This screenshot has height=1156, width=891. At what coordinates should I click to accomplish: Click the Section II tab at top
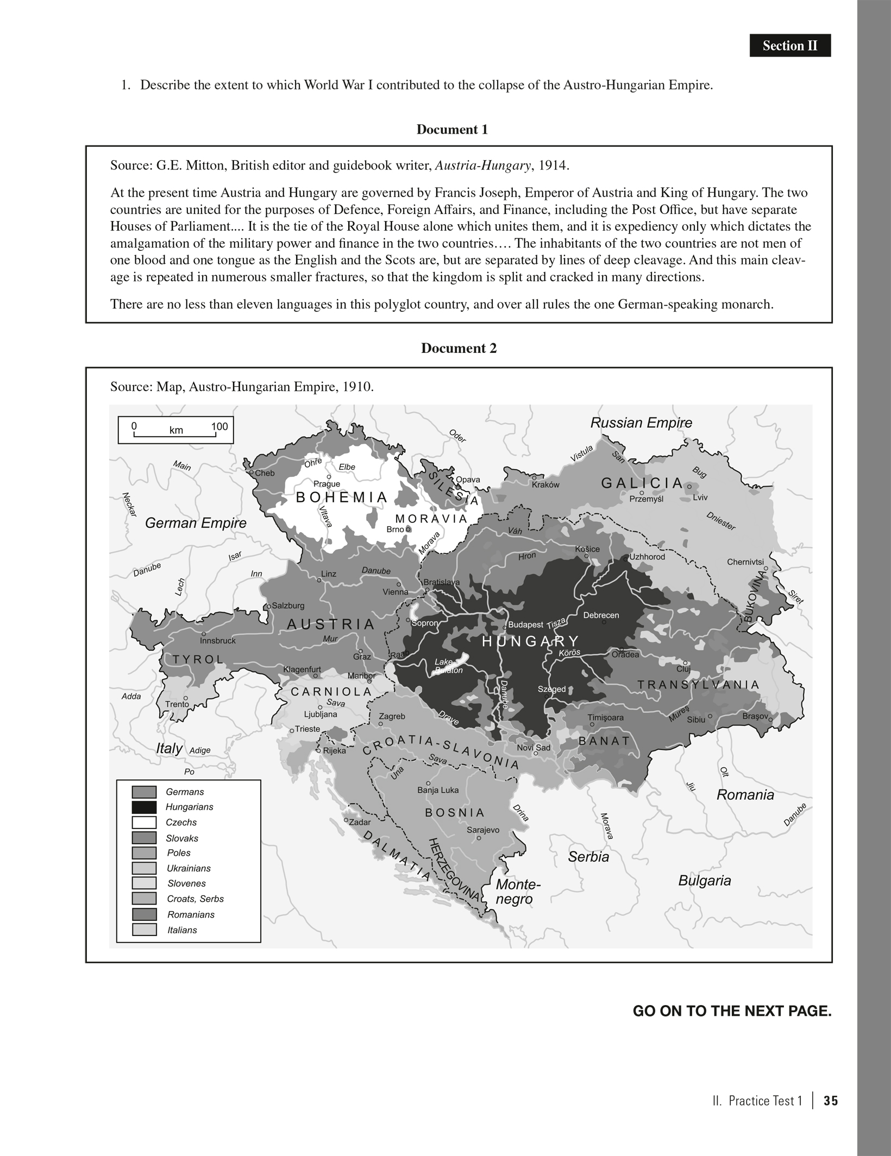click(x=789, y=46)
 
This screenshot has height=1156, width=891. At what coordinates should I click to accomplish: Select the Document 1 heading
click(x=452, y=130)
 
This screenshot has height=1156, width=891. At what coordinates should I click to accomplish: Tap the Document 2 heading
click(x=459, y=349)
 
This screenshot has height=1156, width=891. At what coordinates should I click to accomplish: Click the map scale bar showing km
click(x=176, y=429)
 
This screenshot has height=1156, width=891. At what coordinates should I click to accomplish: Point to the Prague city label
click(x=327, y=484)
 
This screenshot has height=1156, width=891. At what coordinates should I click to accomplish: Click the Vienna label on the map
click(x=395, y=592)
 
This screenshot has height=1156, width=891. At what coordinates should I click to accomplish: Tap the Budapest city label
click(x=526, y=625)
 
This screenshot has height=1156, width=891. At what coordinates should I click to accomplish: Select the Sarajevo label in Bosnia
click(x=483, y=830)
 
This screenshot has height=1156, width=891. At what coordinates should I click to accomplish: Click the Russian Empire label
click(x=641, y=423)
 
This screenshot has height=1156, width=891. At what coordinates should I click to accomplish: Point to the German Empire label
click(x=196, y=523)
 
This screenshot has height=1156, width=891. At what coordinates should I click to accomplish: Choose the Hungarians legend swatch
click(x=144, y=807)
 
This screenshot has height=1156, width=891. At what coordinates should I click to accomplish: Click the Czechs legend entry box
click(x=144, y=823)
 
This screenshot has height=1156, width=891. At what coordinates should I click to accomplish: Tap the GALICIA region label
click(x=642, y=483)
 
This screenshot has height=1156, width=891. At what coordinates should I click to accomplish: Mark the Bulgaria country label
click(x=704, y=881)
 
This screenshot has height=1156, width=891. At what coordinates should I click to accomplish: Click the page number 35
click(x=831, y=1101)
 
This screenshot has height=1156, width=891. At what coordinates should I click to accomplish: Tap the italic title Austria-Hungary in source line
click(x=483, y=166)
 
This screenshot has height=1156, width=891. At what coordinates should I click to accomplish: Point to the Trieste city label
click(x=308, y=729)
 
